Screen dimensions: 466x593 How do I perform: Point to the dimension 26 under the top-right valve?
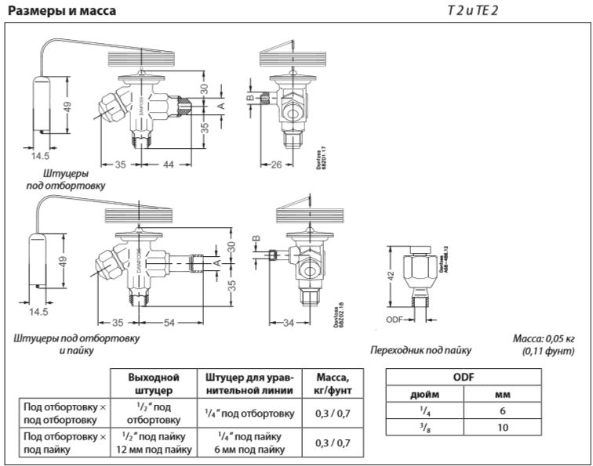[276, 164]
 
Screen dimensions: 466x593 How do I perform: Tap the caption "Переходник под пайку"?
[421, 351]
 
